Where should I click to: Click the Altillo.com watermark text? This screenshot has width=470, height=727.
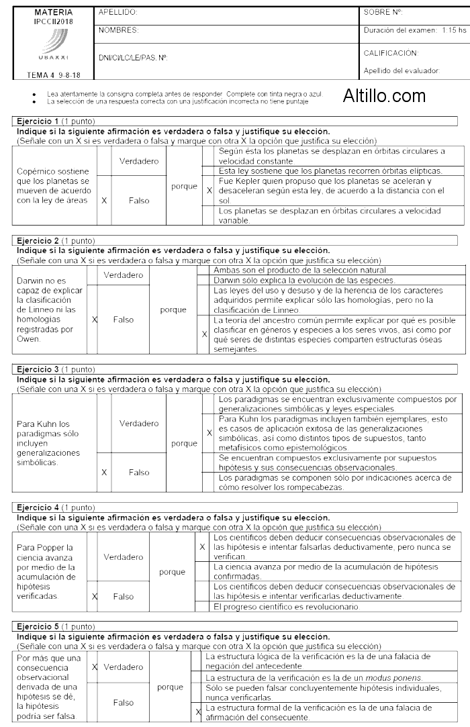pos(384,97)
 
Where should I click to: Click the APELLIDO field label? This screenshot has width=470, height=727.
pos(118,13)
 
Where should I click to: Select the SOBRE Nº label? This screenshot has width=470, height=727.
pos(383,13)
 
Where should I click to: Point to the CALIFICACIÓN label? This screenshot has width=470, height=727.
pos(391,52)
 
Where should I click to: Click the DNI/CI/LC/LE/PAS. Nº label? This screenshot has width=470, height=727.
pos(132,58)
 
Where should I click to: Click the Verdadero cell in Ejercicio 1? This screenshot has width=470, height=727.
pos(139,161)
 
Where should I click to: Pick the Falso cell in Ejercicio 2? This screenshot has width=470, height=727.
pos(124,320)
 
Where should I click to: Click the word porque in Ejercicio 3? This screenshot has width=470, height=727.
pos(184,443)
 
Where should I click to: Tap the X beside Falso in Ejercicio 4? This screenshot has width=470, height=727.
pos(95,596)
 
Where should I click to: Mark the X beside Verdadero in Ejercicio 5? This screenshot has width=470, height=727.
pos(95,667)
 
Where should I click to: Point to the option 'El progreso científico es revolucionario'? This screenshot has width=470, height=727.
pos(287,607)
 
